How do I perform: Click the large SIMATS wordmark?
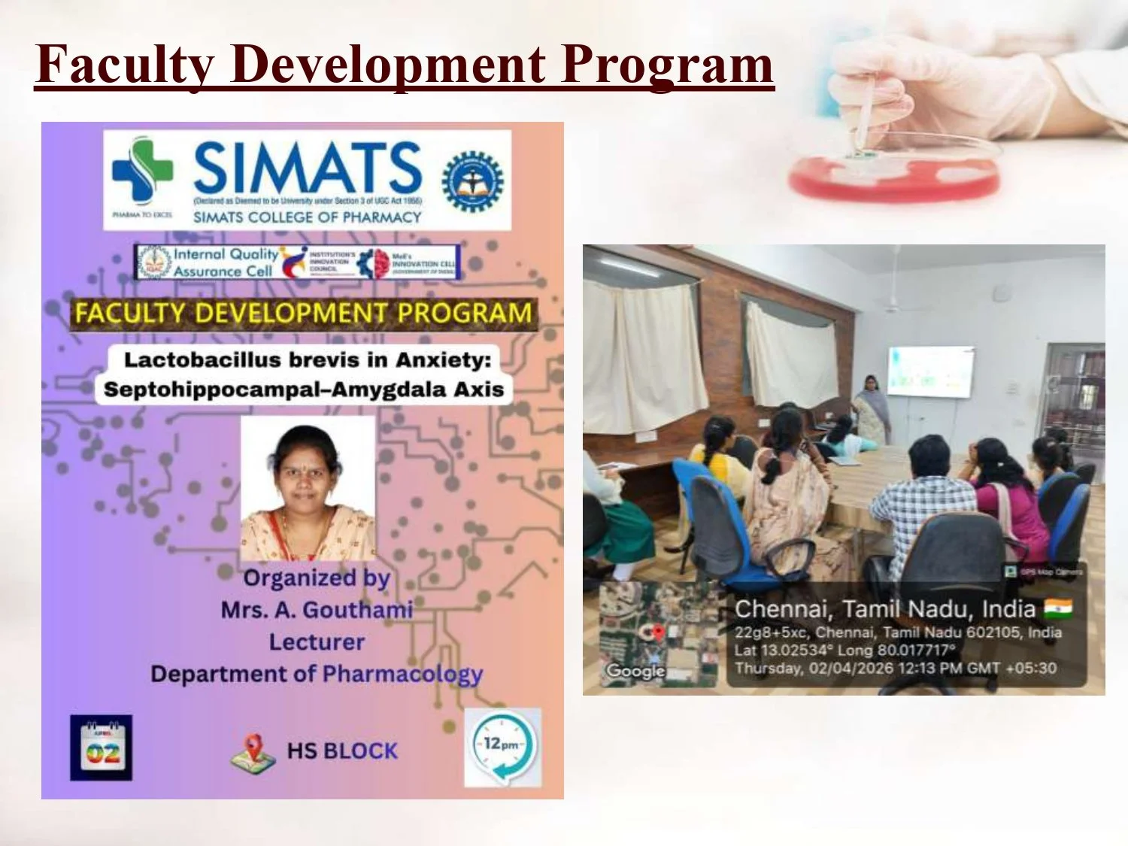(x=308, y=167)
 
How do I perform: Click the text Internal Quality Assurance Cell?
(x=223, y=262)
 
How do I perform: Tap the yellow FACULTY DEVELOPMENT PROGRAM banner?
(x=303, y=313)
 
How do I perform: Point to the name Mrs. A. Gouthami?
(x=317, y=609)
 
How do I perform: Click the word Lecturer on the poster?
(x=317, y=642)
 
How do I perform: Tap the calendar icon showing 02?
(x=102, y=748)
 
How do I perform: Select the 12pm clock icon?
(x=502, y=747)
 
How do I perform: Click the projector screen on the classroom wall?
(x=930, y=371)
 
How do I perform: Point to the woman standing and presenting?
(x=872, y=410)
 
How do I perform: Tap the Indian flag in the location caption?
(x=1058, y=608)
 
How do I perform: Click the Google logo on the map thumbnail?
(x=635, y=670)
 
